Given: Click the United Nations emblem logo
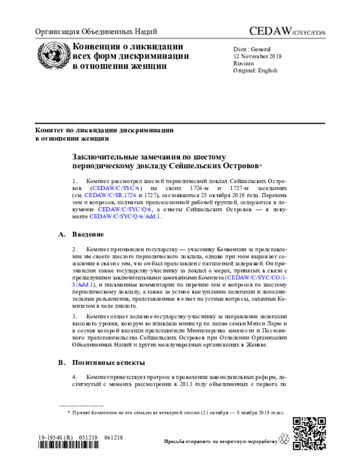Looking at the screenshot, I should pyautogui.click(x=52, y=55).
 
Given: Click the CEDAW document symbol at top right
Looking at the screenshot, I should pyautogui.click(x=286, y=32).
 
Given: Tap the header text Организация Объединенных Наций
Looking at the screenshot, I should pyautogui.click(x=96, y=32).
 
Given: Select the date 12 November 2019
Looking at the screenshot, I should pyautogui.click(x=258, y=56).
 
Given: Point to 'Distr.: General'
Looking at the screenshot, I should pyautogui.click(x=252, y=49).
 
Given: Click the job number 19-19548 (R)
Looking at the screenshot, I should pyautogui.click(x=55, y=437).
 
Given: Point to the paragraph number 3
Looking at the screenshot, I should pyautogui.click(x=75, y=317).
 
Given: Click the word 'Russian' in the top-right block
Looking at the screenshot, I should pyautogui.click(x=243, y=64).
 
